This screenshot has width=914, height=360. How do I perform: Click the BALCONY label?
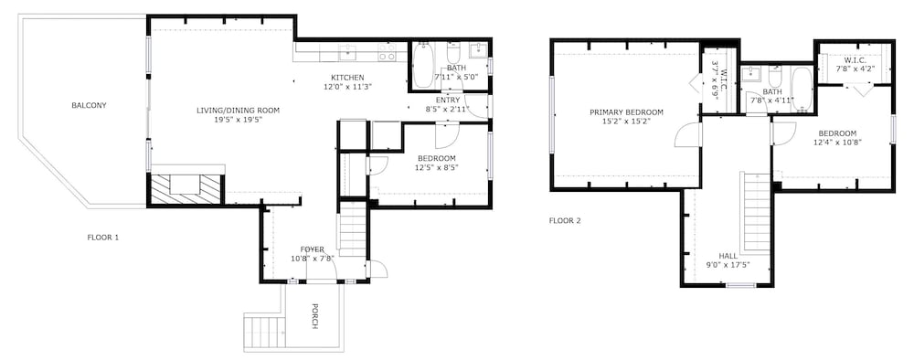(89, 105)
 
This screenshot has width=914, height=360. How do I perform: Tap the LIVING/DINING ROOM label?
(238, 111)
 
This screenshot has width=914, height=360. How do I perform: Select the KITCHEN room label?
(347, 78)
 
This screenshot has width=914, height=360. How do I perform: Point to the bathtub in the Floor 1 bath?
(424, 67)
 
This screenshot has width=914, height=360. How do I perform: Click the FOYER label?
(313, 249)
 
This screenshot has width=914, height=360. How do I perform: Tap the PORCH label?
(314, 315)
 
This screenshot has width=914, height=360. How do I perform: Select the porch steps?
(264, 331)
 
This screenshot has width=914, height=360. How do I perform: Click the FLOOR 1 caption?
(103, 238)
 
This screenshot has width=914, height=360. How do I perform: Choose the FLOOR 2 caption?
(564, 220)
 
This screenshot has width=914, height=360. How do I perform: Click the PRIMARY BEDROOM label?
(626, 112)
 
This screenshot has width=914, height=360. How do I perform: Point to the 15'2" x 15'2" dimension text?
(626, 122)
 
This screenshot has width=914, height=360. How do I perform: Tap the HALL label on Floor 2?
(728, 256)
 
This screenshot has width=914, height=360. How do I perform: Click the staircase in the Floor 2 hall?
(755, 210)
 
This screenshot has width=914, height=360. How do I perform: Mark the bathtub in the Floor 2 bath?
(800, 89)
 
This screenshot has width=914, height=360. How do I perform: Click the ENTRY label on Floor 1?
(448, 100)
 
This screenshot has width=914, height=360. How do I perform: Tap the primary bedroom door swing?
(685, 136)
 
